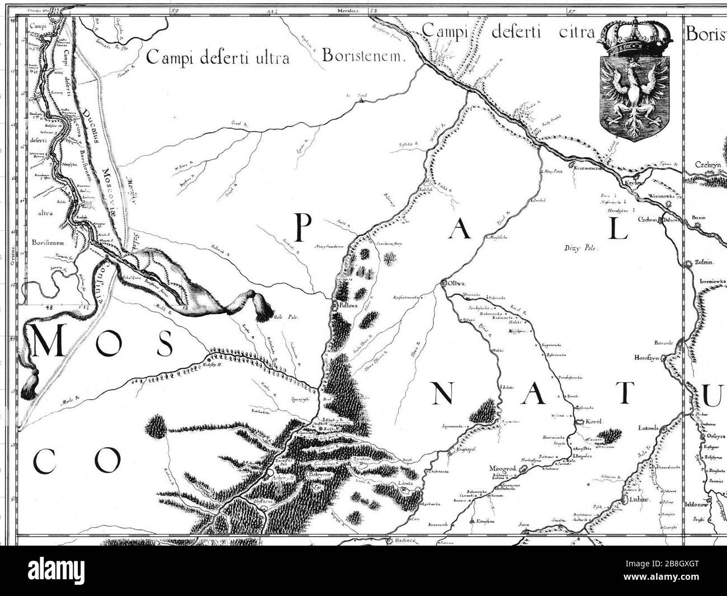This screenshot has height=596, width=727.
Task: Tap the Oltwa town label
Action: coord(457,283)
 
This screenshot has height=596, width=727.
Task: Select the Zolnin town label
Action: coord(702,262)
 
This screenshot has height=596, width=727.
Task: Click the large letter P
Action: coord(303,228)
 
